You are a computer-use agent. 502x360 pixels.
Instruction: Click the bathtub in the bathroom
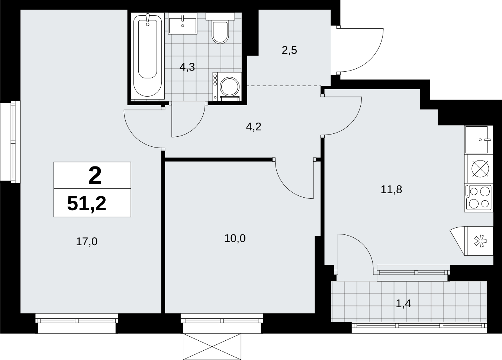(x=148, y=56)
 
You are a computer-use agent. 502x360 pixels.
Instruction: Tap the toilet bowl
(x=220, y=32)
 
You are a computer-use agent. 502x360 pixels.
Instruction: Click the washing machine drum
(x=230, y=87)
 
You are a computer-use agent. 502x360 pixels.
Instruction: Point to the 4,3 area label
(x=187, y=67)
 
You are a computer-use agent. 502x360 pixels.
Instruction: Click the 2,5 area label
(x=289, y=50)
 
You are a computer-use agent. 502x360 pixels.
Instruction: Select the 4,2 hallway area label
(x=254, y=127)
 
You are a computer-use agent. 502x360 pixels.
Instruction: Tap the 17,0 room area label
(x=87, y=241)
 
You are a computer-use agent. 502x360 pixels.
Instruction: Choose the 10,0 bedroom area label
(x=235, y=238)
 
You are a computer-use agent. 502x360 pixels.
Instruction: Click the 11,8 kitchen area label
(x=391, y=189)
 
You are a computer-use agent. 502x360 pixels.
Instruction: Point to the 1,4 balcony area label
(x=403, y=304)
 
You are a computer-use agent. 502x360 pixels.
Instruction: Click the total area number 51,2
(x=87, y=203)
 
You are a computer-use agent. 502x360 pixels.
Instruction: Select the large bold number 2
(x=95, y=176)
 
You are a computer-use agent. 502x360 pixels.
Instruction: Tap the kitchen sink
(x=476, y=140)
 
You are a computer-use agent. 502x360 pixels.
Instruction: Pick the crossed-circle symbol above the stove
(x=480, y=169)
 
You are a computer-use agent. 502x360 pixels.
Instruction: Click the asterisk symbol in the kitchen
(x=480, y=241)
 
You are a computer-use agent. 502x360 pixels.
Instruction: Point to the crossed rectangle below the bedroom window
(x=212, y=347)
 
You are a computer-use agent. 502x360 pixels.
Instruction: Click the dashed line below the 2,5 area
(x=284, y=86)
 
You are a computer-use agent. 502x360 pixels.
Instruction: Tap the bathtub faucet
(x=148, y=19)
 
